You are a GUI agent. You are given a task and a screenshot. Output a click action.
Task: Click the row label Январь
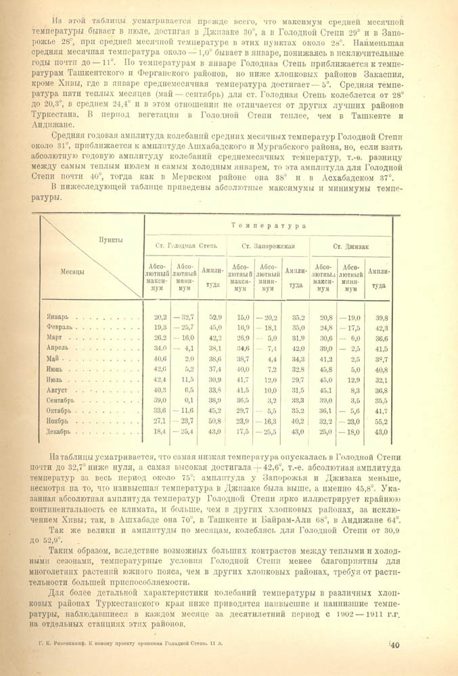pyautogui.click(x=58, y=316)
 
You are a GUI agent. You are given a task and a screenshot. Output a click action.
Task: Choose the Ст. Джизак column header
pyautogui.click(x=352, y=246)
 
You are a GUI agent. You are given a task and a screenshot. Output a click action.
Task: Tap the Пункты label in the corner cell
pyautogui.click(x=110, y=240)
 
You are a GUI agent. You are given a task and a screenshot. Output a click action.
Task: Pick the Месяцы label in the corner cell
pyautogui.click(x=72, y=272)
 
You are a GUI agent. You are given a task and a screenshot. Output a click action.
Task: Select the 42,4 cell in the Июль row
pyautogui.click(x=160, y=379)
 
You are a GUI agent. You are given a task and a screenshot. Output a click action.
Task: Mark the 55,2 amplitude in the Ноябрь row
pyautogui.click(x=381, y=421)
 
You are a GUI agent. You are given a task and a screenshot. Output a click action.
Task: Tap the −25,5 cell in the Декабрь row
pyautogui.click(x=269, y=431)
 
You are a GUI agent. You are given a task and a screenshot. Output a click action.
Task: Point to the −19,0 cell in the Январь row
pyautogui.click(x=351, y=316)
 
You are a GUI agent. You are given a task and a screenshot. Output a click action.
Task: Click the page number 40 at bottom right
pyautogui.click(x=395, y=646)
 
